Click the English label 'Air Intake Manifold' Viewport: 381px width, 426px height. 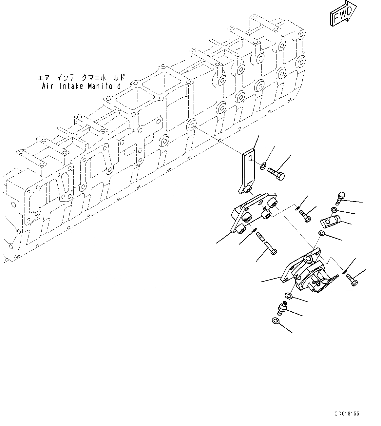click(82, 86)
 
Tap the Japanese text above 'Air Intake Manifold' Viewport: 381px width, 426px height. click(82, 78)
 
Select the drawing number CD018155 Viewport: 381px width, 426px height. click(347, 414)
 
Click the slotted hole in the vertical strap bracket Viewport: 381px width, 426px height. click(250, 159)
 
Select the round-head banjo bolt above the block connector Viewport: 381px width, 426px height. click(339, 198)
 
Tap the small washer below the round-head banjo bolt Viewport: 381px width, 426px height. click(333, 210)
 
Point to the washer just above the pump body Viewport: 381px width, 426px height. click(321, 233)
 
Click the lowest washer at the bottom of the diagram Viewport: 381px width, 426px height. click(275, 321)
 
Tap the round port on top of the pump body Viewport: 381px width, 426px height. click(308, 260)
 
